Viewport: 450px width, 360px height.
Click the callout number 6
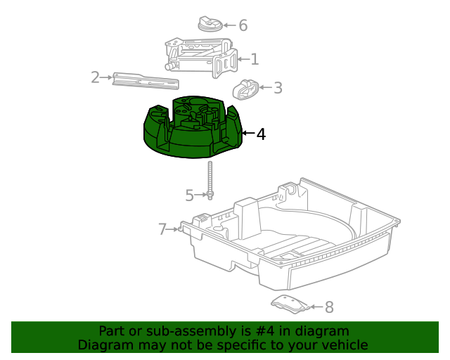243,25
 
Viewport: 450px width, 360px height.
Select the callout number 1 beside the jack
255,60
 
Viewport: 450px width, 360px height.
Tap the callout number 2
96,77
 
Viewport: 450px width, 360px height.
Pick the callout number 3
278,88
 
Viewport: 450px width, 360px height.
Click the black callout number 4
261,134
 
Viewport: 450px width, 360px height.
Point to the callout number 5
189,195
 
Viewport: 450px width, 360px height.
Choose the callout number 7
162,229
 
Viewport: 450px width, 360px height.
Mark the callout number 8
329,307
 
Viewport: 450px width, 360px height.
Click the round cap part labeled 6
211,25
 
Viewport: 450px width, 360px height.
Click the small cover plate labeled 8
290,304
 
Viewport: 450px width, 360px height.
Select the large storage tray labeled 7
295,239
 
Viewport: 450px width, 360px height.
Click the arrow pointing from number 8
316,307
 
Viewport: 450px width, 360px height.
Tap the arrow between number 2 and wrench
108,77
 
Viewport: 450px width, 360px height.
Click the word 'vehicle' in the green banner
343,345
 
